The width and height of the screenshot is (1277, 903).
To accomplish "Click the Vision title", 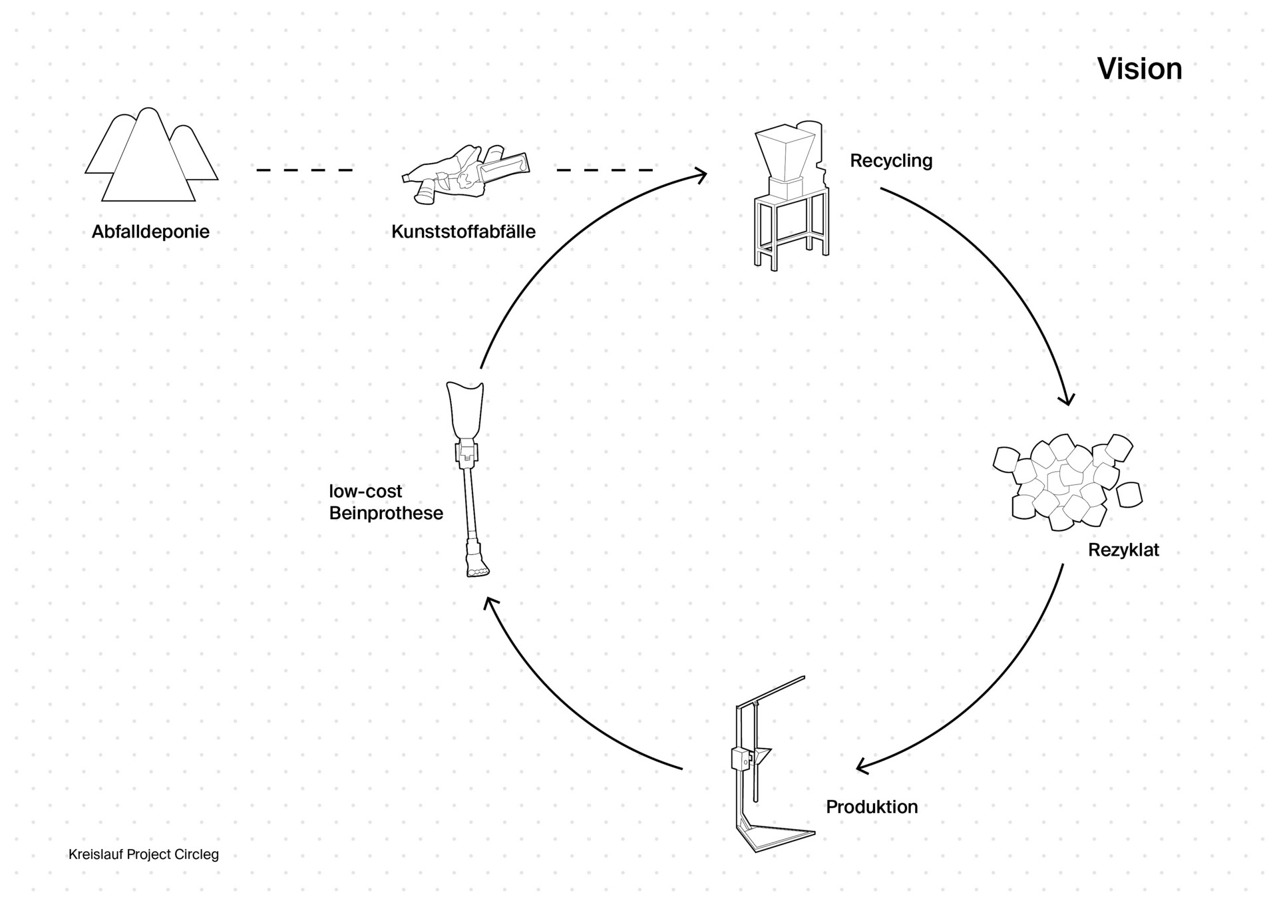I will (1139, 69).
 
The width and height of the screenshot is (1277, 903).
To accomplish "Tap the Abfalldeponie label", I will (150, 232).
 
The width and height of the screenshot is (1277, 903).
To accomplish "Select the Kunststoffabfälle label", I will (463, 232).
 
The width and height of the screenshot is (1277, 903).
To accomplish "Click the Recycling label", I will (891, 160).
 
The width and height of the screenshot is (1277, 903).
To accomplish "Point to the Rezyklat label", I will (1123, 550).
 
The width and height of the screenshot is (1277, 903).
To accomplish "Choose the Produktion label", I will (872, 807).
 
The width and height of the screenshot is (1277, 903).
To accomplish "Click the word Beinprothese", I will (386, 513).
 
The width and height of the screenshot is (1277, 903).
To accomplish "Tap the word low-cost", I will (365, 491).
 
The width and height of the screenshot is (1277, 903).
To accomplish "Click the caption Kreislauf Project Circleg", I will (144, 854).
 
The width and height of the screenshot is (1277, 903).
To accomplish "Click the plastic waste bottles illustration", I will (466, 173).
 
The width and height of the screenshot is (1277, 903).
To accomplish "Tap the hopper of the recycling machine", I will (784, 153).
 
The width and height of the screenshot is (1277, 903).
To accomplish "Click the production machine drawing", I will (765, 765).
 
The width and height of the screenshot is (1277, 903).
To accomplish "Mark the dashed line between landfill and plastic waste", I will (304, 170).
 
